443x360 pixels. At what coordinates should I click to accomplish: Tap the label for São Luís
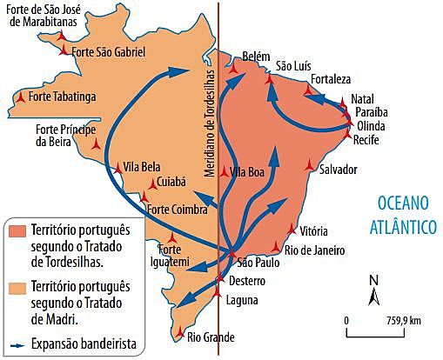(x=294, y=65)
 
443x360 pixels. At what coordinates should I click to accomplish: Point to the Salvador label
(x=339, y=169)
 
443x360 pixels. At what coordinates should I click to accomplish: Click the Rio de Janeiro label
(x=315, y=250)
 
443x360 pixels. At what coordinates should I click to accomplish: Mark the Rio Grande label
(x=210, y=336)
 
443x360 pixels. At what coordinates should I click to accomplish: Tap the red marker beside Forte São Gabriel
(x=64, y=52)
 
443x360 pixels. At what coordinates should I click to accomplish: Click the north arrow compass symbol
(x=373, y=293)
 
